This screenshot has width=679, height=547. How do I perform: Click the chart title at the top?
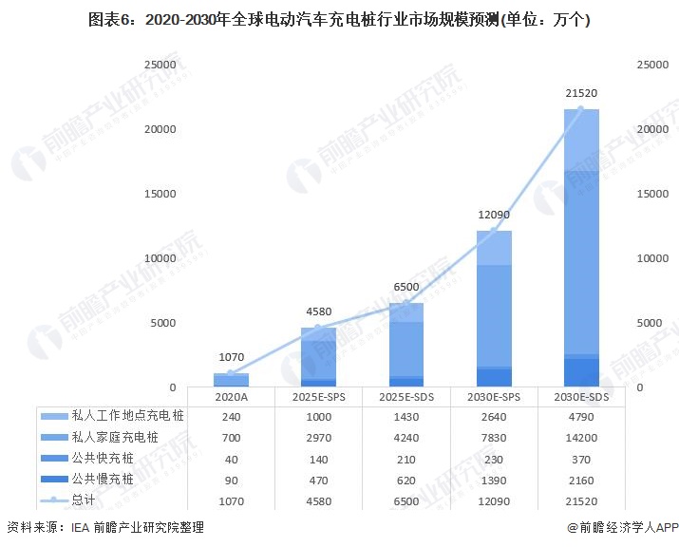[339, 20]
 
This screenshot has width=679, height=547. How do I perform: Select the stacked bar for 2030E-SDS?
[582, 247]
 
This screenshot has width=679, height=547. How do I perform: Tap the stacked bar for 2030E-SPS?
[494, 309]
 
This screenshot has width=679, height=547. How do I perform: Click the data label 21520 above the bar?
[582, 94]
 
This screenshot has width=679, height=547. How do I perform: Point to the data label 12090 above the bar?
[494, 216]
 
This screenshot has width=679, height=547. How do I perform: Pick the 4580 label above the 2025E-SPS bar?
[318, 312]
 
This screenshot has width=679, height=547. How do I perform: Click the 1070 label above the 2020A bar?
[231, 358]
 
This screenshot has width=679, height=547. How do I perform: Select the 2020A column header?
[231, 396]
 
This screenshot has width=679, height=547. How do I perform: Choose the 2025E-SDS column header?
[406, 396]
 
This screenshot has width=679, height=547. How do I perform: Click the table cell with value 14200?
[582, 437]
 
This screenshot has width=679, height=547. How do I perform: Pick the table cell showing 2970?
[318, 437]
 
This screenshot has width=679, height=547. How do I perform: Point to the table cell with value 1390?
[494, 480]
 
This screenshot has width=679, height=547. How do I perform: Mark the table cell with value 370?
[582, 459]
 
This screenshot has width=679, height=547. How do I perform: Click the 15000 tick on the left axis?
[159, 194]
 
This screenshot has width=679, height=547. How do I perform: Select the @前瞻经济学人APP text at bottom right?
[622, 527]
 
